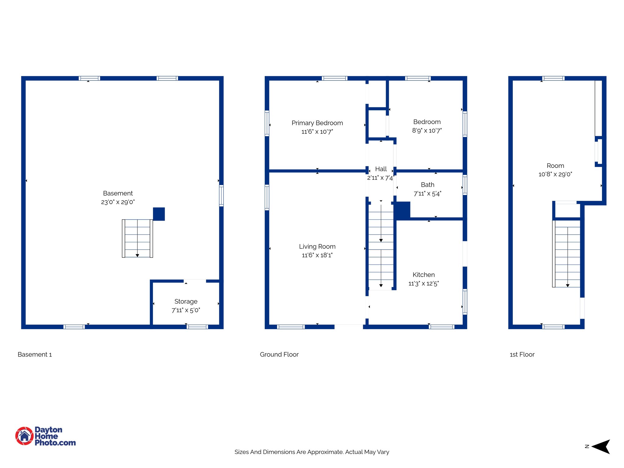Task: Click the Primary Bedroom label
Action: [317, 123]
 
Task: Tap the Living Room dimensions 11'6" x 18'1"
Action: [317, 255]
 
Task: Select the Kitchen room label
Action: [424, 275]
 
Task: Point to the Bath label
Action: [427, 185]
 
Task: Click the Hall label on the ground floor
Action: [381, 169]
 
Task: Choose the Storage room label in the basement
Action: [186, 301]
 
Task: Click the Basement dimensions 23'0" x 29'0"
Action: [118, 202]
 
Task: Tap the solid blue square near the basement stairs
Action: [159, 214]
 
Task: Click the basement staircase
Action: [137, 238]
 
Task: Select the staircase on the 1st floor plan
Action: [567, 253]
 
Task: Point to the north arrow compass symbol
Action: [601, 447]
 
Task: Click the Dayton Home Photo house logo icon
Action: [24, 436]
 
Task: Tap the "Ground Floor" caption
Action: [279, 354]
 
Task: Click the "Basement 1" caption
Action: [35, 354]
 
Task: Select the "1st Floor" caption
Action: [522, 354]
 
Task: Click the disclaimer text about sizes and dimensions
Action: [312, 452]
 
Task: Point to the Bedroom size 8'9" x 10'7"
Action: [427, 131]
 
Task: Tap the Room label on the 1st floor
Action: [555, 166]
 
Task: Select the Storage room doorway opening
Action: [195, 281]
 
